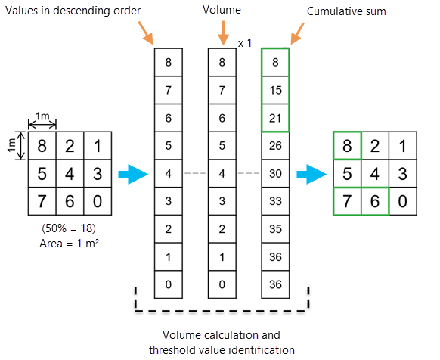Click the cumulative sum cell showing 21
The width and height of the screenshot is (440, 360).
[274, 118]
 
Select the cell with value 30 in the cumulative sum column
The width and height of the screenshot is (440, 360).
[274, 173]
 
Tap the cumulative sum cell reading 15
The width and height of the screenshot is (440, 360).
[274, 90]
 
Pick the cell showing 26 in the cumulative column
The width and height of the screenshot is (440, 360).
[274, 145]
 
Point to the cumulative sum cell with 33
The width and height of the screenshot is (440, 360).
[274, 201]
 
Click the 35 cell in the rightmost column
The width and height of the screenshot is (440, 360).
[274, 228]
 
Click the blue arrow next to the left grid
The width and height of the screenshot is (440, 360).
[131, 175]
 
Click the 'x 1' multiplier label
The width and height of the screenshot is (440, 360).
[244, 44]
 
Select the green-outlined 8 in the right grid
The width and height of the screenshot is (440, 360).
[347, 145]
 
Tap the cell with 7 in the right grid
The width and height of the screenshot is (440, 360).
[347, 202]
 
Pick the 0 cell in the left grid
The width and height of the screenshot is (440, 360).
[97, 202]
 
